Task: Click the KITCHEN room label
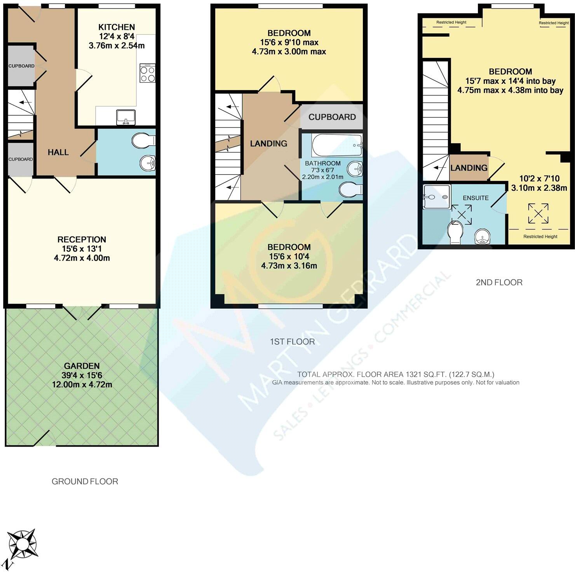(x=117, y=27)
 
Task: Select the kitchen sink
(x=125, y=117)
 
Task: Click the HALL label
(x=58, y=153)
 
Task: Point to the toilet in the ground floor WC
(x=143, y=141)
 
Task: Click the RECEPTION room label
(x=82, y=240)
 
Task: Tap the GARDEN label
(x=82, y=366)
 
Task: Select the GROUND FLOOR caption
(x=85, y=482)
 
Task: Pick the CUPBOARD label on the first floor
(x=332, y=117)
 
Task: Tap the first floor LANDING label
(x=268, y=144)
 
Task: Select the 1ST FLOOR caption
(x=292, y=342)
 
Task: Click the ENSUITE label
(x=476, y=198)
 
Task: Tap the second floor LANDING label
(x=469, y=168)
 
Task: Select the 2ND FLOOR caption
(x=499, y=282)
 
